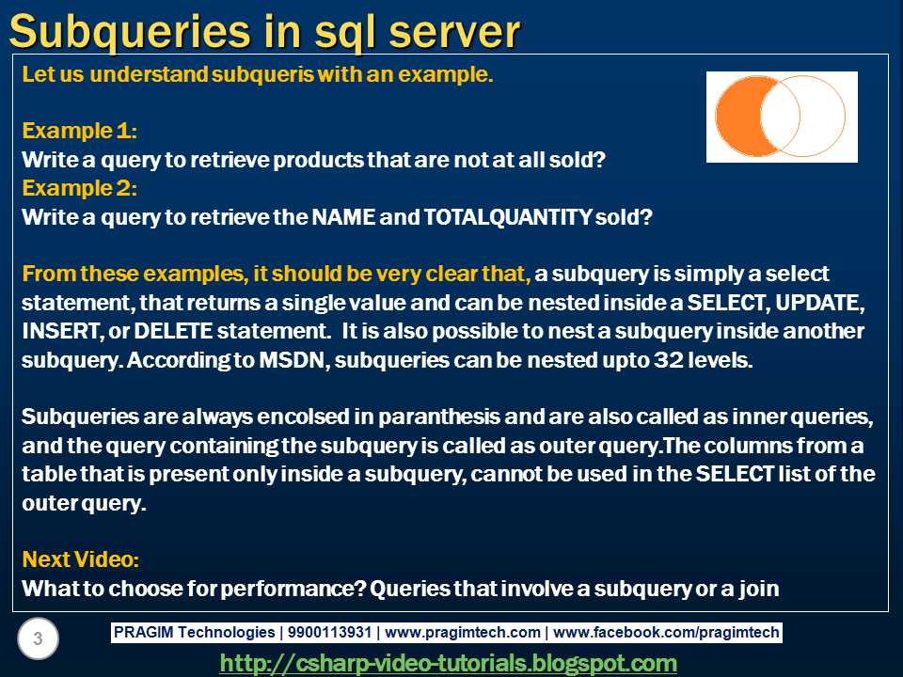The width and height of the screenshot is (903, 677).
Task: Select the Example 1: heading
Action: click(x=80, y=130)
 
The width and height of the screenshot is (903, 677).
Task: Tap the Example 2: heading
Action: click(x=80, y=188)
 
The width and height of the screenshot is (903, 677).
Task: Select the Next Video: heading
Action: click(x=80, y=559)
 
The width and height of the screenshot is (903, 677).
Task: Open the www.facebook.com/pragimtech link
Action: click(x=668, y=633)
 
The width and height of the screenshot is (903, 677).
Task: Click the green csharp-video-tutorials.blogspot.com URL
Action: click(x=448, y=663)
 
